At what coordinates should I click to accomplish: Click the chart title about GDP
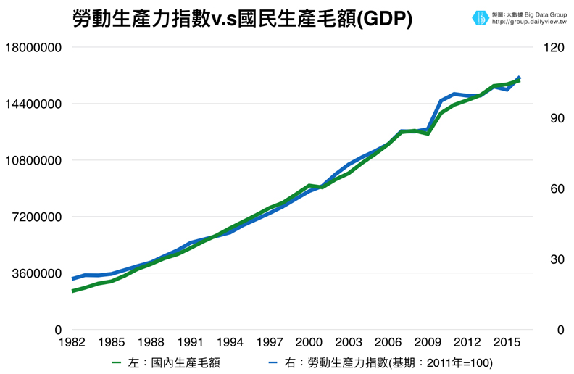click(x=243, y=19)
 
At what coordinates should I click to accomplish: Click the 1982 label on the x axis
click(x=72, y=342)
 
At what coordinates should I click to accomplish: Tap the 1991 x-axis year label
click(x=191, y=342)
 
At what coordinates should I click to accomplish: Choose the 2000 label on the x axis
click(x=309, y=342)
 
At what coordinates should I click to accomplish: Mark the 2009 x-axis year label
click(x=428, y=342)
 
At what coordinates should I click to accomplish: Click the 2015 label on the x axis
click(x=507, y=342)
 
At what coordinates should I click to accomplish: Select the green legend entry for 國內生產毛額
click(x=174, y=362)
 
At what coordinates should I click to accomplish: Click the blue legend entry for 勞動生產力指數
click(x=384, y=362)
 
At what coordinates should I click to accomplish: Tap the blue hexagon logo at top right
click(x=480, y=17)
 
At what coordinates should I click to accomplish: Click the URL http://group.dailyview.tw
click(x=529, y=22)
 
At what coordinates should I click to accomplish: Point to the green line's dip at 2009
click(x=428, y=133)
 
